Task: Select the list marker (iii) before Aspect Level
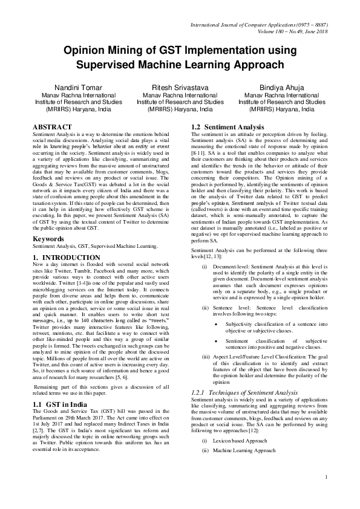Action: [x=206, y=357]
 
